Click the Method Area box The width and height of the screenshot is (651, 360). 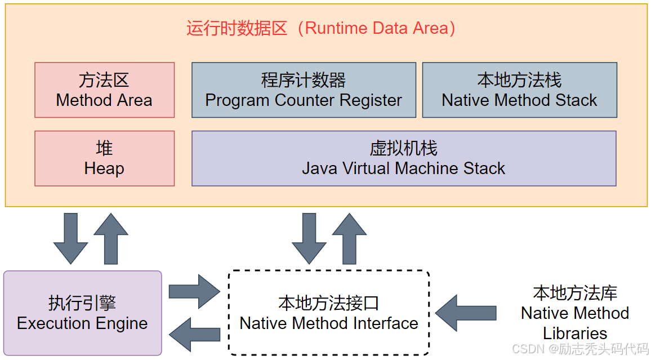point(104,90)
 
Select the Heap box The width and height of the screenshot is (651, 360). point(104,158)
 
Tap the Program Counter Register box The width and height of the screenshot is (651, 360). point(304,90)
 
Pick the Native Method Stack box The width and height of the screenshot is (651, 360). point(519,90)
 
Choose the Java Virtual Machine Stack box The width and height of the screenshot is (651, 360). point(404,158)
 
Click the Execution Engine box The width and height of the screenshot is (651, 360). point(82,313)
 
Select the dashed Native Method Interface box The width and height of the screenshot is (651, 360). point(329,313)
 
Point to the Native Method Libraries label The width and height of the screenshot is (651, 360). point(575,313)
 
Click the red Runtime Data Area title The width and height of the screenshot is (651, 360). point(321,28)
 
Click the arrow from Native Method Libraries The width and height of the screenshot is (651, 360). point(466,313)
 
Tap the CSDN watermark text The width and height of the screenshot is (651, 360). point(580,349)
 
